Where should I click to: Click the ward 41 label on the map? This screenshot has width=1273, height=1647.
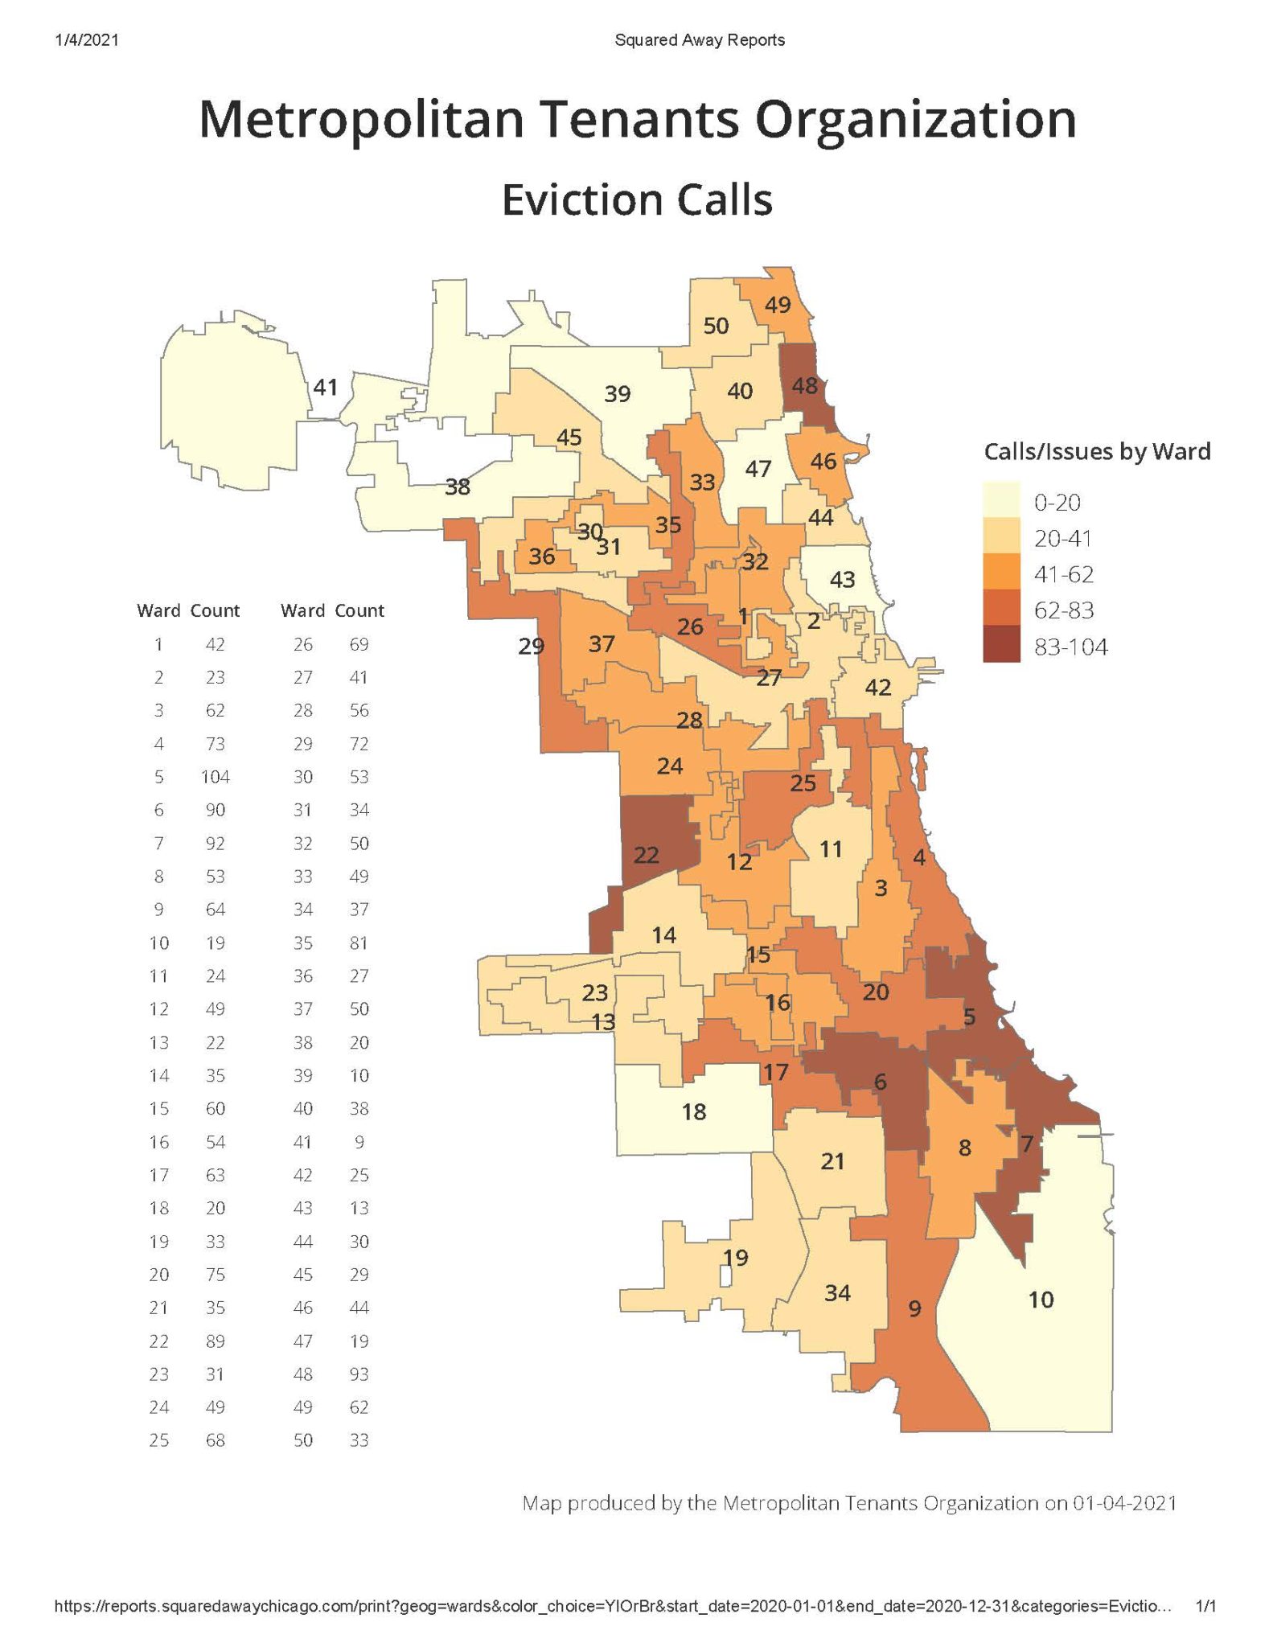tap(325, 388)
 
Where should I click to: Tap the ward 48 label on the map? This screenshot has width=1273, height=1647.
tap(804, 386)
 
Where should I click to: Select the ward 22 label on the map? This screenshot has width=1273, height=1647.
tap(646, 855)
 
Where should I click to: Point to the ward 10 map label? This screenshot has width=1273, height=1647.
tap(1041, 1300)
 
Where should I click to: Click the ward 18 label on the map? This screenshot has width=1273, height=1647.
tap(693, 1112)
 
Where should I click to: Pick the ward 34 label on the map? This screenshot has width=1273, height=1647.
tap(837, 1293)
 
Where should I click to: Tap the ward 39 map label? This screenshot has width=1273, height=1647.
tap(617, 394)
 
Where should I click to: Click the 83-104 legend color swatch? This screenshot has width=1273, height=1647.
tap(1001, 647)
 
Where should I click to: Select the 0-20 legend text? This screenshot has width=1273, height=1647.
tap(1057, 503)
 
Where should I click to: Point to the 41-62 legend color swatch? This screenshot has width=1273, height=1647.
tap(1001, 574)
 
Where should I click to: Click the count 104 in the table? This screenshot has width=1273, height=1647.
tap(215, 777)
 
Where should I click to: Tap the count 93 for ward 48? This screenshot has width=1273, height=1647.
tap(359, 1374)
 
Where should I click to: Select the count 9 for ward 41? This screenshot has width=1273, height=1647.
tap(359, 1142)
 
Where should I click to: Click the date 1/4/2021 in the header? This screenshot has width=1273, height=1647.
tap(87, 39)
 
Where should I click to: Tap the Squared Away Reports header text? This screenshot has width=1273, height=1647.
tap(700, 39)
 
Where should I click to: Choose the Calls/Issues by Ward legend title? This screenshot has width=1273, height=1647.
tap(1097, 452)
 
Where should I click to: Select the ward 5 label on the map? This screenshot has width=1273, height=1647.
tap(969, 1017)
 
